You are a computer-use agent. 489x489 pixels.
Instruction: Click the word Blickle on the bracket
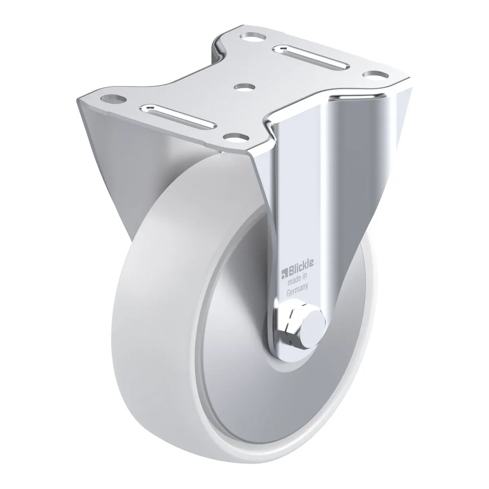pyautogui.click(x=301, y=271)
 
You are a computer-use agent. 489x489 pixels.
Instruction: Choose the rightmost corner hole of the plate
pyautogui.click(x=377, y=75)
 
